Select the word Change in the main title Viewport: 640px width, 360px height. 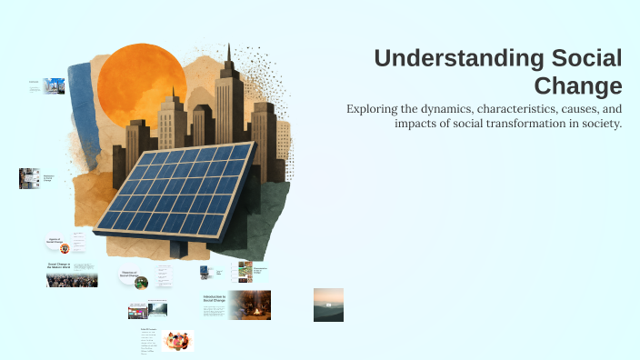tap(591, 86)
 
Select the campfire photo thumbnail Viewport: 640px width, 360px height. tap(248, 305)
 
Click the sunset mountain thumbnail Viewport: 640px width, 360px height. tap(328, 305)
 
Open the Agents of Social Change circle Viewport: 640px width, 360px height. tap(59, 244)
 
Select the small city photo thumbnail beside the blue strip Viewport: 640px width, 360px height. tap(54, 86)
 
